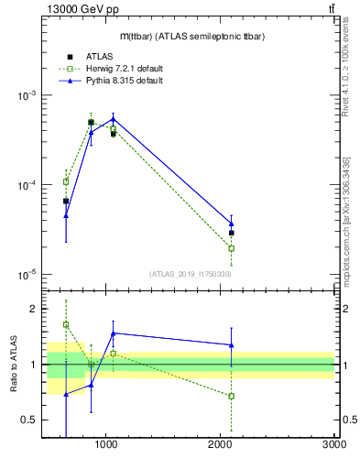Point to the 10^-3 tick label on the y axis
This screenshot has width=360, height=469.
tap(27, 96)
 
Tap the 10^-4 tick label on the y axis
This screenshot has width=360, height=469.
tap(27, 185)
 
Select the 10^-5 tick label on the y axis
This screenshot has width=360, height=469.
tap(27, 275)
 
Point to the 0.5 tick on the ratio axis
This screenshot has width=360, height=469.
tap(30, 420)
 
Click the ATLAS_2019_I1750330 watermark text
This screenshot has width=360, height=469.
tap(191, 274)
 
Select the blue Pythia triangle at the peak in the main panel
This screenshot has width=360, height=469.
tap(113, 119)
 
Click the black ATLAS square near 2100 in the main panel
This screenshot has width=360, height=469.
tap(232, 233)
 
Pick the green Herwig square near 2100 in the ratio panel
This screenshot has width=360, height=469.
tap(232, 397)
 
